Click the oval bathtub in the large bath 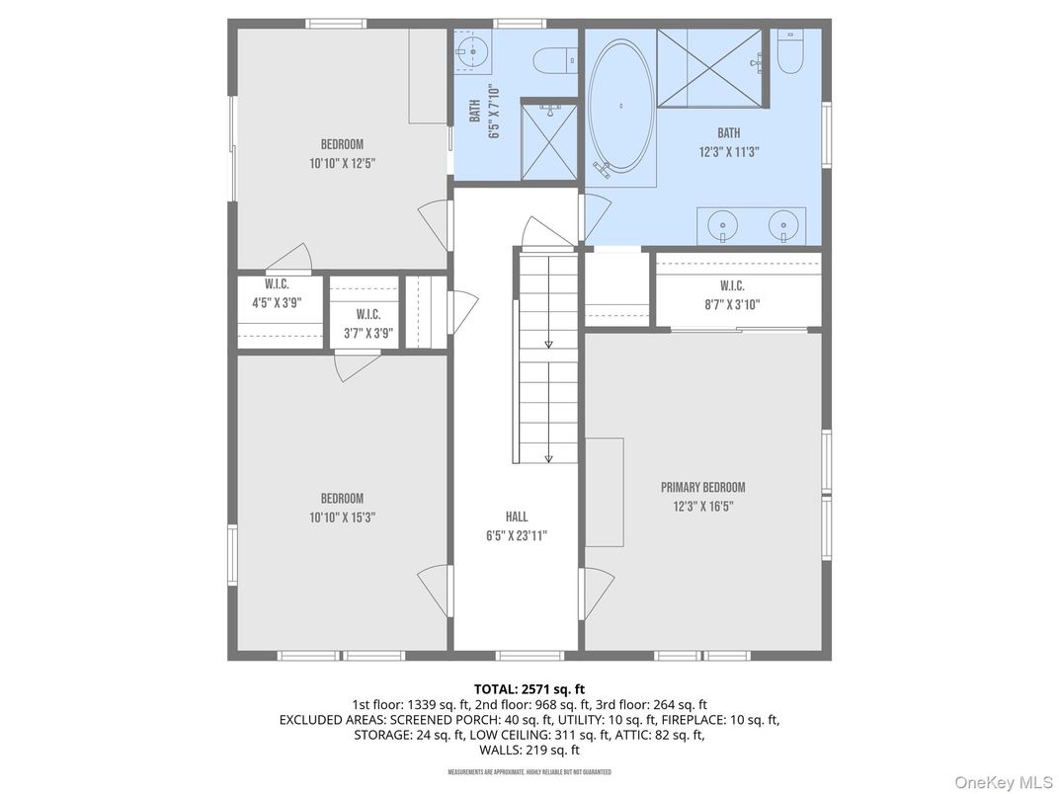pyautogui.click(x=620, y=106)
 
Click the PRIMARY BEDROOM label pyautogui.click(x=702, y=487)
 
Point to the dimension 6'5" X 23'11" pyautogui.click(x=516, y=536)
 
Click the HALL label pyautogui.click(x=516, y=516)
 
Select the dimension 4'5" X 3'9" pyautogui.click(x=277, y=304)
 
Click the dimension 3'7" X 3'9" pyautogui.click(x=368, y=334)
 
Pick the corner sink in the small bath pyautogui.click(x=475, y=51)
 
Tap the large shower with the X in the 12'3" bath pyautogui.click(x=709, y=66)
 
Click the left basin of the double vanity pyautogui.click(x=724, y=227)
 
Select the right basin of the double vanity pyautogui.click(x=783, y=227)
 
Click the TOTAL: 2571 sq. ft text pyautogui.click(x=529, y=688)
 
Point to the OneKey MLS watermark pyautogui.click(x=1003, y=781)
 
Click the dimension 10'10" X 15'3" pyautogui.click(x=342, y=517)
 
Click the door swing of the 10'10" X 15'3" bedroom pyautogui.click(x=433, y=592)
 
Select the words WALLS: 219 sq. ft pyautogui.click(x=529, y=750)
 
